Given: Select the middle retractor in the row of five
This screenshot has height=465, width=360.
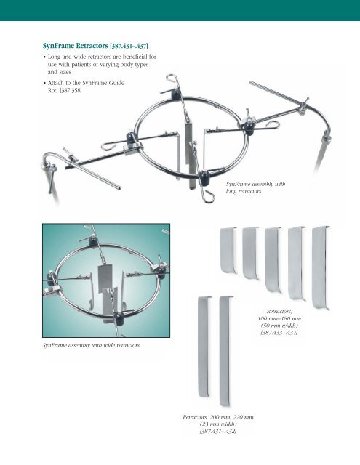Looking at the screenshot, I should click(x=273, y=256).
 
